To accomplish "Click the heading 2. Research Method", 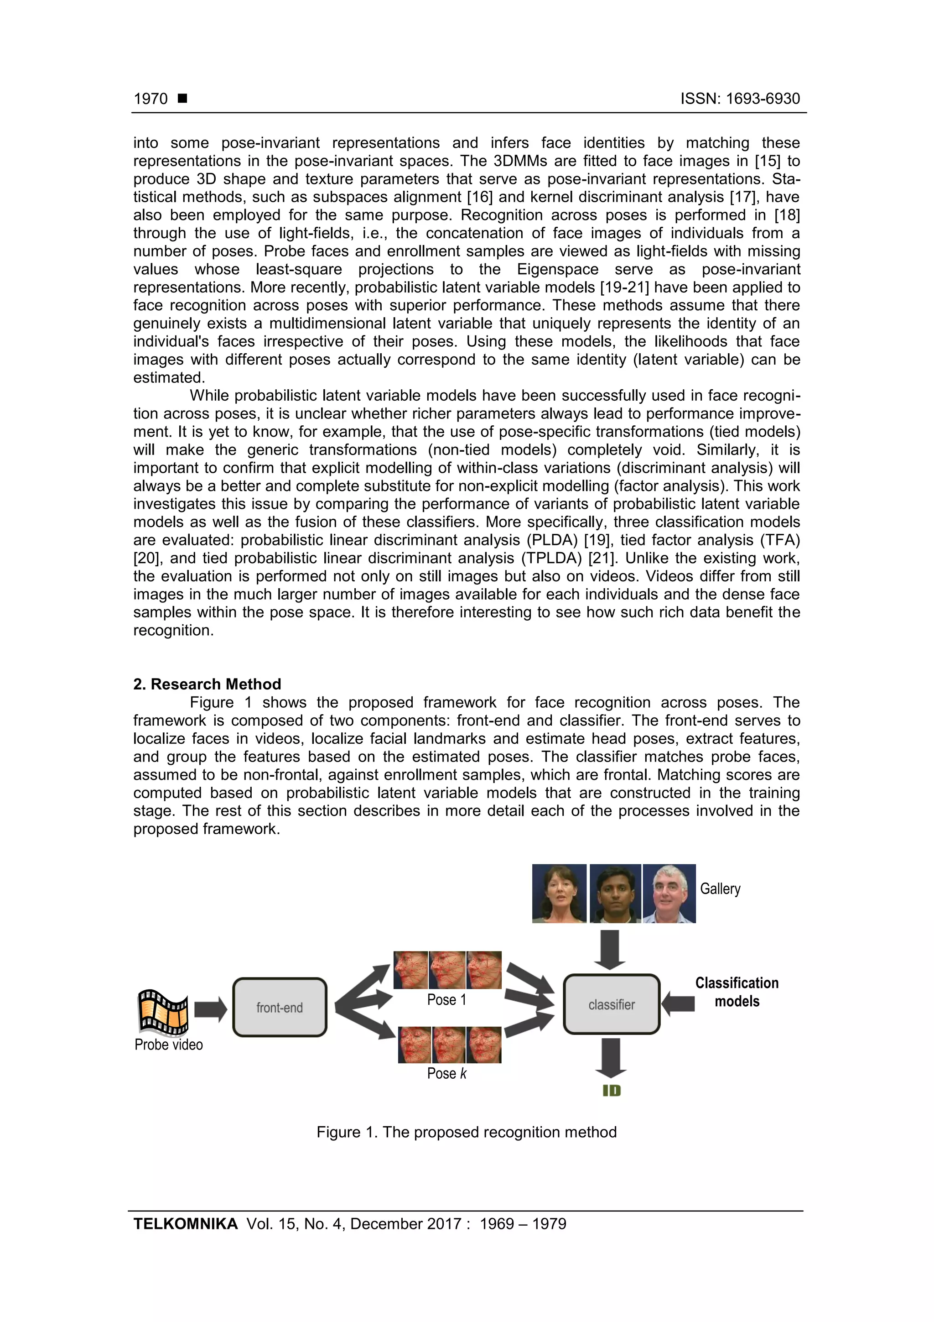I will pyautogui.click(x=207, y=684).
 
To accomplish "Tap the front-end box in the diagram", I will pyautogui.click(x=280, y=1007).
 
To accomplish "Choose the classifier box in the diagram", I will pyautogui.click(x=611, y=1005).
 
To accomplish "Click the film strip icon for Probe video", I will pyautogui.click(x=163, y=1012).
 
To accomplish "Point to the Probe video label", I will pyautogui.click(x=169, y=1045).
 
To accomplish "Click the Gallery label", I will pyautogui.click(x=720, y=889).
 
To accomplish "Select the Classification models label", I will pyautogui.click(x=737, y=992).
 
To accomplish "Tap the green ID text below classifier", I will pyautogui.click(x=611, y=1091).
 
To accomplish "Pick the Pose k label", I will pyautogui.click(x=446, y=1074).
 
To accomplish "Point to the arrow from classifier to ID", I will pyautogui.click(x=611, y=1058).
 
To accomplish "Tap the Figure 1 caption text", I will pyautogui.click(x=466, y=1133).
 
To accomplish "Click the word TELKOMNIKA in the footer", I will pyautogui.click(x=185, y=1224).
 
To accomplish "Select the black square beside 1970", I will pyautogui.click(x=182, y=99).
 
